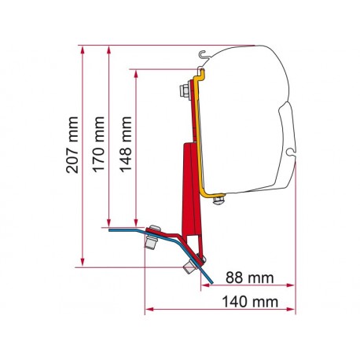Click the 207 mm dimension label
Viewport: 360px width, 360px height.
click(x=72, y=145)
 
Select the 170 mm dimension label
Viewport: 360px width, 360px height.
click(x=99, y=145)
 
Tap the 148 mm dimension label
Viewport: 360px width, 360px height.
click(x=126, y=145)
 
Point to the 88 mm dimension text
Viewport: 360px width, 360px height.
click(x=250, y=277)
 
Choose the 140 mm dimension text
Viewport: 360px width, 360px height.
click(x=250, y=302)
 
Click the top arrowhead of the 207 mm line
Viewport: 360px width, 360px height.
click(x=83, y=50)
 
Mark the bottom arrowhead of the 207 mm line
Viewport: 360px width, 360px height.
click(x=83, y=262)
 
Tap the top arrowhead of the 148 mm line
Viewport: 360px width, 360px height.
click(x=136, y=74)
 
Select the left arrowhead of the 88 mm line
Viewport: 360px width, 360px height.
click(x=205, y=285)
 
